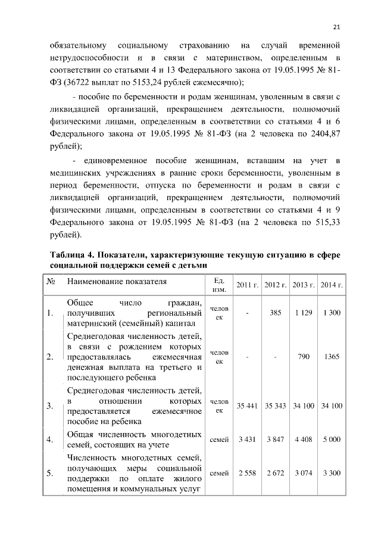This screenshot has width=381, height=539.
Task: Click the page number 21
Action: point(336,26)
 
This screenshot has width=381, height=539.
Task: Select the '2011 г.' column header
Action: point(246,284)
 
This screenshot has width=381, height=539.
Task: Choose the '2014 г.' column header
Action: point(332,284)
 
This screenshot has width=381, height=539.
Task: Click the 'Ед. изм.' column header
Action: point(218,284)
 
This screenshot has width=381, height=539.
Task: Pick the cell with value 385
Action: point(275,313)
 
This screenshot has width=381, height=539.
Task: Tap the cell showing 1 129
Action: point(304,313)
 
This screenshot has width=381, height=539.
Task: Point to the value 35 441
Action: point(246,406)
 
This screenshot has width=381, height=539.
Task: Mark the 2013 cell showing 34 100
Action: point(304,406)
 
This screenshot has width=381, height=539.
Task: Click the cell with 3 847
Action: point(275,440)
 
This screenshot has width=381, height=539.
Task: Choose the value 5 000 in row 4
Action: point(332,440)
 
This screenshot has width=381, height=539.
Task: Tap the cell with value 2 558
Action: point(246,473)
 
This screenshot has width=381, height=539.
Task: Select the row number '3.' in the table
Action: point(51,406)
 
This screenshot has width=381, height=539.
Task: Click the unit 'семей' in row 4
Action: point(219,440)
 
